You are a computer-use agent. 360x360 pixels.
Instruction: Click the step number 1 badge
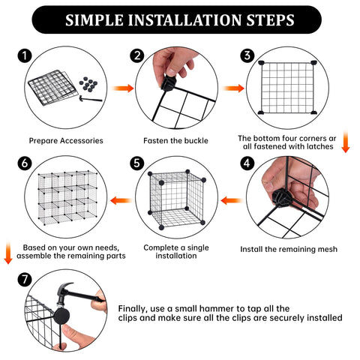25,56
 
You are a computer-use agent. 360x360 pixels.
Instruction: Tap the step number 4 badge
247,163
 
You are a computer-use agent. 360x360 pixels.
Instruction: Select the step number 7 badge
25,280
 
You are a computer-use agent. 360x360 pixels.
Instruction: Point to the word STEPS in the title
271,20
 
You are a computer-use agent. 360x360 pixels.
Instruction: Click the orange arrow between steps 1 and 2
123,88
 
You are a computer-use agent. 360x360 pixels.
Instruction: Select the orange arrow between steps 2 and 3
233,88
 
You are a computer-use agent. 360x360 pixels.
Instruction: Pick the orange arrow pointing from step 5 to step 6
121,200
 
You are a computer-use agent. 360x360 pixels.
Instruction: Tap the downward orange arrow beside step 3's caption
346,142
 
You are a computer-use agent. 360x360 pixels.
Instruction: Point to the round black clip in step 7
61,316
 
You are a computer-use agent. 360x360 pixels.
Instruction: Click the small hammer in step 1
90,99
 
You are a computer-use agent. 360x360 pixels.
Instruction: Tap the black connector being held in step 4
281,198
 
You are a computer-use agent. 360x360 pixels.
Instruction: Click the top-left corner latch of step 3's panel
261,62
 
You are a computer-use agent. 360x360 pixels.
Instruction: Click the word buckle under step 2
196,141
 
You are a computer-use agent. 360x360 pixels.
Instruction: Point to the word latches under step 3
320,146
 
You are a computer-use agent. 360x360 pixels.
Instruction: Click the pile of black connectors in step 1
88,85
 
